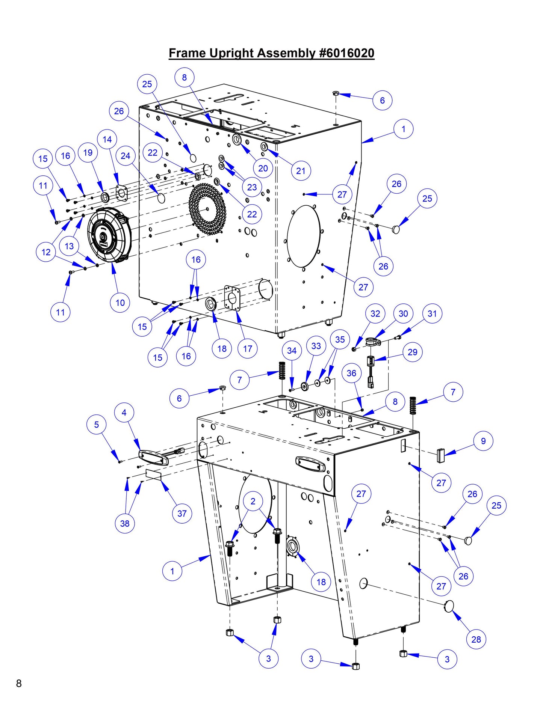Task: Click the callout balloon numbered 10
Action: [120, 303]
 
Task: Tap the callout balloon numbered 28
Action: [476, 639]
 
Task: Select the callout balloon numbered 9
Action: [483, 441]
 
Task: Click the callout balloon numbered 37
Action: [182, 513]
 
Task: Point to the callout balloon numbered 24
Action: [126, 156]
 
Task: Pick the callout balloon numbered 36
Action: [351, 373]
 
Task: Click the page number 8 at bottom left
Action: [19, 683]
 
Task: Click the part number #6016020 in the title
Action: [346, 53]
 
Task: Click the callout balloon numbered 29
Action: [413, 352]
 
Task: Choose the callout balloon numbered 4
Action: [124, 413]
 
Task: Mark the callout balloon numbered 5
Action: [96, 425]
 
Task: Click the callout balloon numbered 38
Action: [125, 523]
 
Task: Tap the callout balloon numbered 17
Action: [247, 349]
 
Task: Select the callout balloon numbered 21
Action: [301, 171]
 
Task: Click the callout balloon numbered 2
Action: [253, 501]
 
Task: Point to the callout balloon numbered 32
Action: [375, 313]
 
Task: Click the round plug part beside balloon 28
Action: [449, 606]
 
